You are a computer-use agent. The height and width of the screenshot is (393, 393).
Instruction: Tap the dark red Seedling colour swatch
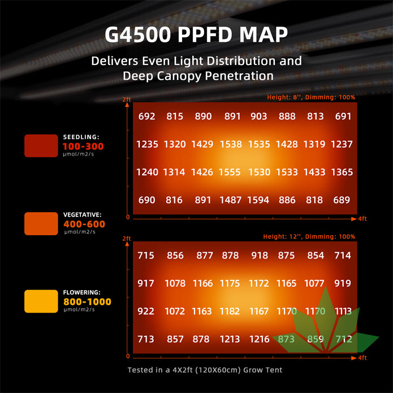click(41, 146)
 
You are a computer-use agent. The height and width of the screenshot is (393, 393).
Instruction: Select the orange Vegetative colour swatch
click(41, 223)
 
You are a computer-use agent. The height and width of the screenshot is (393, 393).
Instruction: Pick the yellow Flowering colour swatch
click(41, 301)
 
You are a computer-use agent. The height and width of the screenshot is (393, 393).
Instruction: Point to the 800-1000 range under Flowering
click(88, 302)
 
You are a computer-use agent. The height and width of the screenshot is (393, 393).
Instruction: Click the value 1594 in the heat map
click(258, 200)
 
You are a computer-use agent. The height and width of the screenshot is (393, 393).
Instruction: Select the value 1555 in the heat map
click(230, 172)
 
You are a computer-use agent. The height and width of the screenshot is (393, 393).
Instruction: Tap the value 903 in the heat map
click(258, 116)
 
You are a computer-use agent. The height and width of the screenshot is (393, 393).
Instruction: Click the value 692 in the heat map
click(146, 116)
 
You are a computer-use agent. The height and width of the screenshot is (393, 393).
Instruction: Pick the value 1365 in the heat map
click(342, 172)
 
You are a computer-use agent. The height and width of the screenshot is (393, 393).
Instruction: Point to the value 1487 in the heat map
click(230, 200)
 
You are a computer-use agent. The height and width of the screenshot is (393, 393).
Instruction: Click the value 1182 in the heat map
click(230, 310)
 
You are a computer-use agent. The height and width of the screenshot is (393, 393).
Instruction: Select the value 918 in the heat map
click(260, 256)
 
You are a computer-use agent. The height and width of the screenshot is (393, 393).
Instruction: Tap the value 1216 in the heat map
click(260, 339)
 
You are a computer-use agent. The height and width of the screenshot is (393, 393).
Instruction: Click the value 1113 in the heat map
click(343, 310)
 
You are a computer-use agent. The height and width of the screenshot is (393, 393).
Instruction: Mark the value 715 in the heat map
click(146, 256)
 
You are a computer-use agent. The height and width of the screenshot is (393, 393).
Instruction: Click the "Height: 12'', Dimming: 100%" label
click(309, 236)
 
